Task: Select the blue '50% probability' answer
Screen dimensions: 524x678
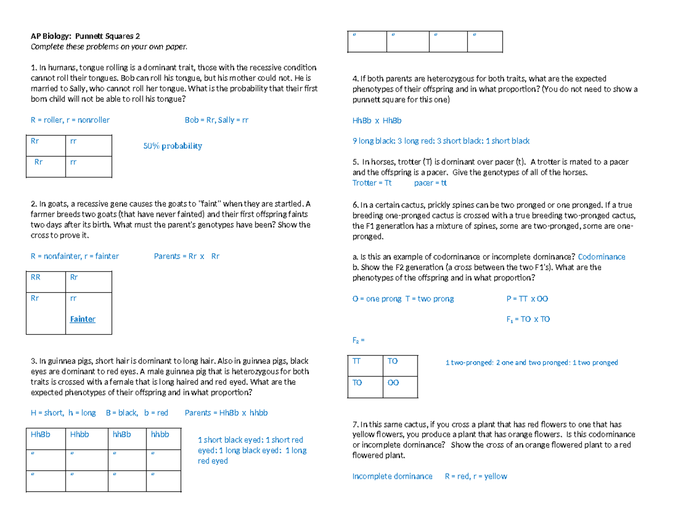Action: click(x=172, y=146)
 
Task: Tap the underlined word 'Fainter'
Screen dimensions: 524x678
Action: click(x=82, y=319)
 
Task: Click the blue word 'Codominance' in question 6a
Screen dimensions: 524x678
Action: click(x=602, y=257)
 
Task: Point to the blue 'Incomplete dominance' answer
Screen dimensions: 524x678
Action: click(x=392, y=476)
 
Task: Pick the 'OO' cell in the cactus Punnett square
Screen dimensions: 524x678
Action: click(x=394, y=383)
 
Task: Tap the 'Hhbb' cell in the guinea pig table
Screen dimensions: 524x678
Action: click(x=80, y=434)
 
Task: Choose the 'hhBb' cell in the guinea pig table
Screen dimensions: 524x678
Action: click(x=121, y=434)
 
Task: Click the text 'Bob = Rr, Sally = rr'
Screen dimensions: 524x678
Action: click(x=216, y=120)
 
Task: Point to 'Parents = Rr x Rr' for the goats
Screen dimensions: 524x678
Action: click(x=186, y=256)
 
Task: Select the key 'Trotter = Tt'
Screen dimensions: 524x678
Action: click(x=371, y=183)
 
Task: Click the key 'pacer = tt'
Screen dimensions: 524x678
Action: click(x=431, y=183)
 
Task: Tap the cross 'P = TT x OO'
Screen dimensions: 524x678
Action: click(x=527, y=298)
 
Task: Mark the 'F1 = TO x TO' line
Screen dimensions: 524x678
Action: click(x=528, y=319)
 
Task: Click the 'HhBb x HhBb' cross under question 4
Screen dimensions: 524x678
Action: click(x=377, y=120)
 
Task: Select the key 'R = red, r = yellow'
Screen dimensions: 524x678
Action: click(x=476, y=476)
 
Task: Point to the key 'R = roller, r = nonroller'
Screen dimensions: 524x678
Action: click(x=70, y=120)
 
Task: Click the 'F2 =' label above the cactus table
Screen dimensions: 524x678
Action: click(x=359, y=340)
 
